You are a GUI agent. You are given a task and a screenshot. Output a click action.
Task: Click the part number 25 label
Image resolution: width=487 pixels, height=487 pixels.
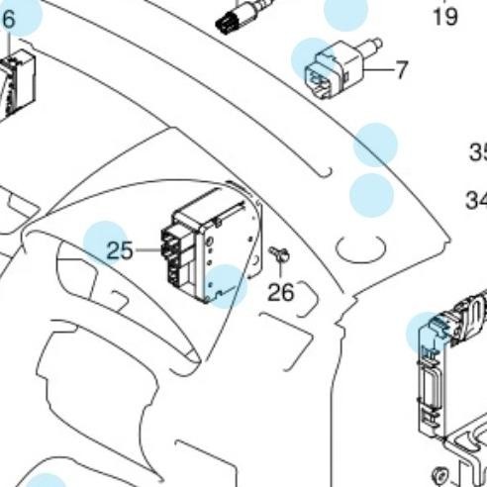(x=120, y=250)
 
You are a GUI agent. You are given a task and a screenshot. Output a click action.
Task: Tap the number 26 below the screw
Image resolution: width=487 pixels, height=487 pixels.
(x=281, y=291)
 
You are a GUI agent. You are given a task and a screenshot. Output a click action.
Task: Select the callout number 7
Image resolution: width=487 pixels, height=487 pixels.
(x=401, y=70)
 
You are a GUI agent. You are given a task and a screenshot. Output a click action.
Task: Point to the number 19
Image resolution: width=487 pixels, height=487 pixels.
(x=445, y=17)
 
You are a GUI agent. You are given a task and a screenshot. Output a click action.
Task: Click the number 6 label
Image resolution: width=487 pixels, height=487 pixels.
(x=9, y=19)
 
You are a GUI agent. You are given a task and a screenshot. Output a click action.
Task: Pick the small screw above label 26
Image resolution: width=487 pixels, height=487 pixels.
(x=278, y=256)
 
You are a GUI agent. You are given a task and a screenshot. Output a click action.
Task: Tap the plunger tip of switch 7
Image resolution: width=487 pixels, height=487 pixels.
(x=377, y=45)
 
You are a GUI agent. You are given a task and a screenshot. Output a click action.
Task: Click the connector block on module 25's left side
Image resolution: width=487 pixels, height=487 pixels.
(x=172, y=253)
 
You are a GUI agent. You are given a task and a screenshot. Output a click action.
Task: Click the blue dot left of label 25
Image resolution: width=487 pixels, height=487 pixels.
(x=105, y=243)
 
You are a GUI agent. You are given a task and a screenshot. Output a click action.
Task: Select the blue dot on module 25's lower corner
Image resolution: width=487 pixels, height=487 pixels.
(x=227, y=285)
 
